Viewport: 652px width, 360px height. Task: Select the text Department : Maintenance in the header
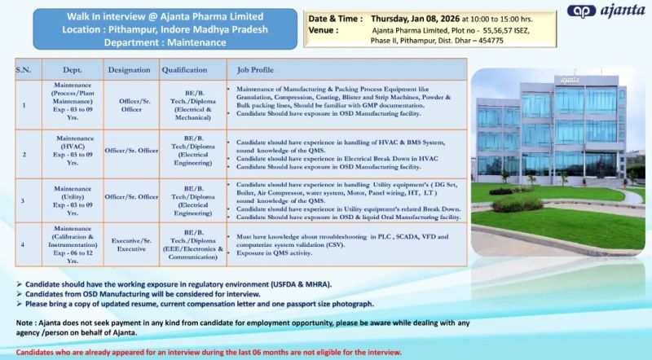click(167, 42)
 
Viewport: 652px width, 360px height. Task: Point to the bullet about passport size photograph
click(196, 303)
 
